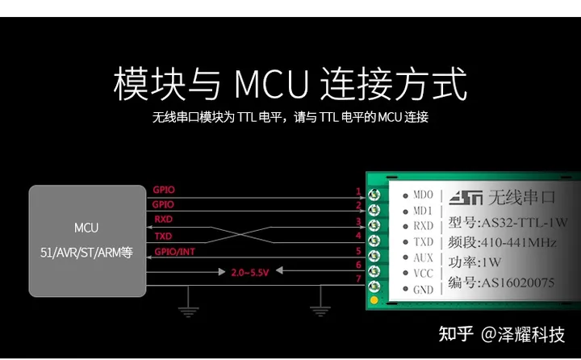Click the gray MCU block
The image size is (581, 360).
click(87, 241)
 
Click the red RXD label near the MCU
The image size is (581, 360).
click(163, 219)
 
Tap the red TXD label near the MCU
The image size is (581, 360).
click(163, 237)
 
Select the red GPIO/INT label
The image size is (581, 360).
click(174, 252)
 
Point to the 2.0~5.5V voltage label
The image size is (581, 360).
click(250, 273)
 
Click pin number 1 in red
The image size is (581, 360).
click(358, 191)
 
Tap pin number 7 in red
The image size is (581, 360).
click(358, 278)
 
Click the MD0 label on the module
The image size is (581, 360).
click(423, 195)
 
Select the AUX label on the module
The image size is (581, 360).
click(423, 257)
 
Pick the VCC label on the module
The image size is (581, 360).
click(423, 274)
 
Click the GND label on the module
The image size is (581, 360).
click(423, 290)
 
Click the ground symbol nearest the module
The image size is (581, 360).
click(320, 311)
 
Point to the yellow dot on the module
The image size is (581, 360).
click(374, 300)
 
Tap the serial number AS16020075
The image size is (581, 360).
click(517, 283)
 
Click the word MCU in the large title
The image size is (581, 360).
click(272, 83)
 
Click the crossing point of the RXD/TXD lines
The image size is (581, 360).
click(240, 235)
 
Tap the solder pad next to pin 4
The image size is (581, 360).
click(374, 241)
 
